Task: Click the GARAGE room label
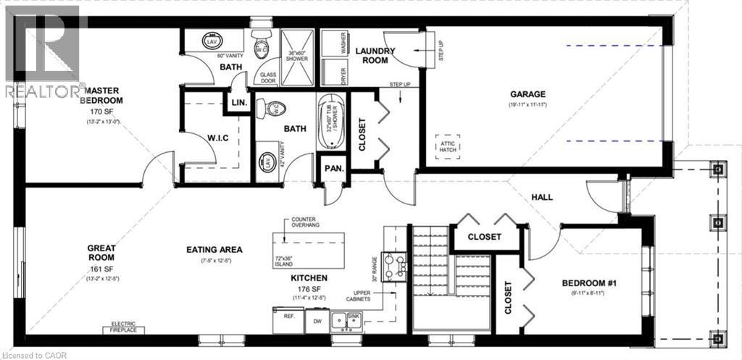(x=527, y=94)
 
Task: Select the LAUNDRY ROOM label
(x=375, y=55)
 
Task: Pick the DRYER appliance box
(x=334, y=73)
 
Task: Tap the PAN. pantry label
(x=333, y=168)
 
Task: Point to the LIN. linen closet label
(x=239, y=104)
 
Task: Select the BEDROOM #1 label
(x=589, y=282)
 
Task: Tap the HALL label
(x=542, y=196)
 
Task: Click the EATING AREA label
(x=214, y=250)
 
